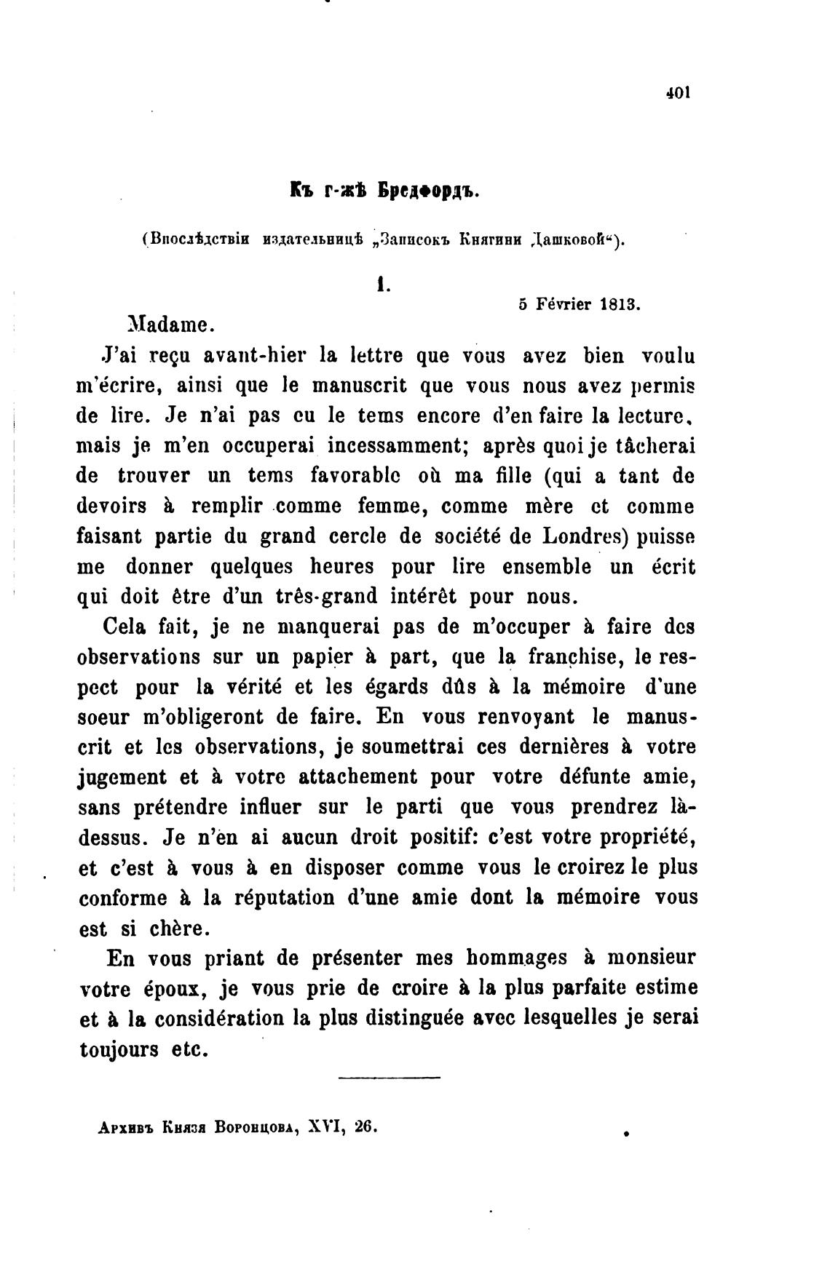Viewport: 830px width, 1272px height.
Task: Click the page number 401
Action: click(x=677, y=92)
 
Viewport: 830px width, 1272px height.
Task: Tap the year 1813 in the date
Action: click(x=619, y=305)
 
